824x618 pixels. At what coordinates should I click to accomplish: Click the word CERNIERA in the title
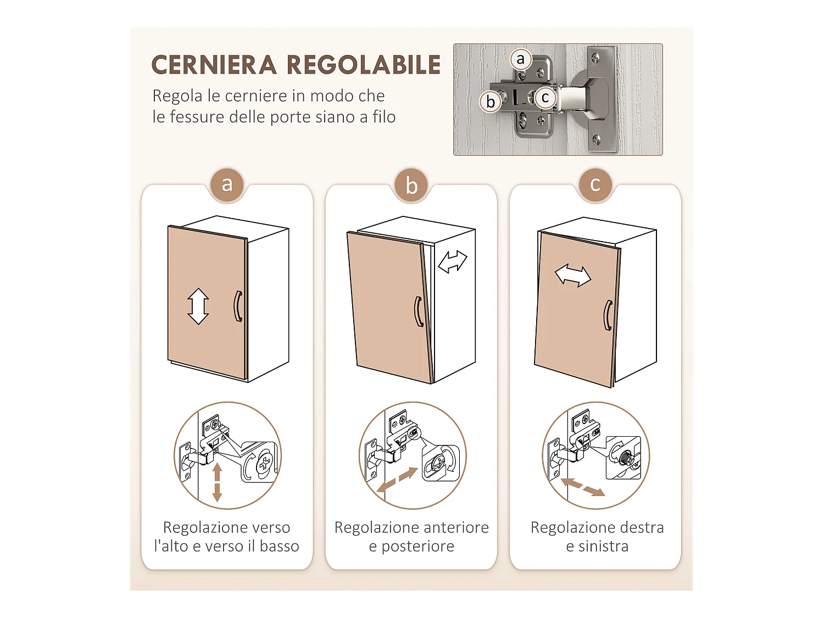tap(214, 65)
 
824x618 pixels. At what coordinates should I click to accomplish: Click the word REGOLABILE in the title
tap(364, 65)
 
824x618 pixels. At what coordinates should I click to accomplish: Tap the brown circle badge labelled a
tap(227, 185)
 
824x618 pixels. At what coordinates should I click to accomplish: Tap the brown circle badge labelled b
tap(411, 186)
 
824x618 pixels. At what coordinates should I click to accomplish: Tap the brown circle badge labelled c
tap(595, 185)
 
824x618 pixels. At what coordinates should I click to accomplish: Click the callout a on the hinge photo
tap(520, 59)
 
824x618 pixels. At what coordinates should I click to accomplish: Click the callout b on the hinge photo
tap(491, 102)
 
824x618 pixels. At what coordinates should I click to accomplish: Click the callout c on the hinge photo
tap(545, 98)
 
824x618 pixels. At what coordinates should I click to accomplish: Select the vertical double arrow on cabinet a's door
tap(198, 306)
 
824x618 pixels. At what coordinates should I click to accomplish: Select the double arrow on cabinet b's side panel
tap(453, 261)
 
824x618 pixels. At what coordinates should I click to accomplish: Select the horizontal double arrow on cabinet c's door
tap(573, 275)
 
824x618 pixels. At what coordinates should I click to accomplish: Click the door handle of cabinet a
tap(238, 306)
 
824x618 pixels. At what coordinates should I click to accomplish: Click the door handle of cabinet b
tap(419, 311)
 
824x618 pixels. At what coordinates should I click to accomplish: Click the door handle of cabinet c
tap(608, 315)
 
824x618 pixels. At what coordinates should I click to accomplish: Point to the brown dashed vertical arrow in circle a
tap(217, 482)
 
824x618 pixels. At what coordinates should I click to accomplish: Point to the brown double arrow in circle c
tap(582, 487)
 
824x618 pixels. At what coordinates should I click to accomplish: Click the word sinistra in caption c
tap(603, 547)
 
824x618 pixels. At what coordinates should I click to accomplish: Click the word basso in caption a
tap(279, 547)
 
